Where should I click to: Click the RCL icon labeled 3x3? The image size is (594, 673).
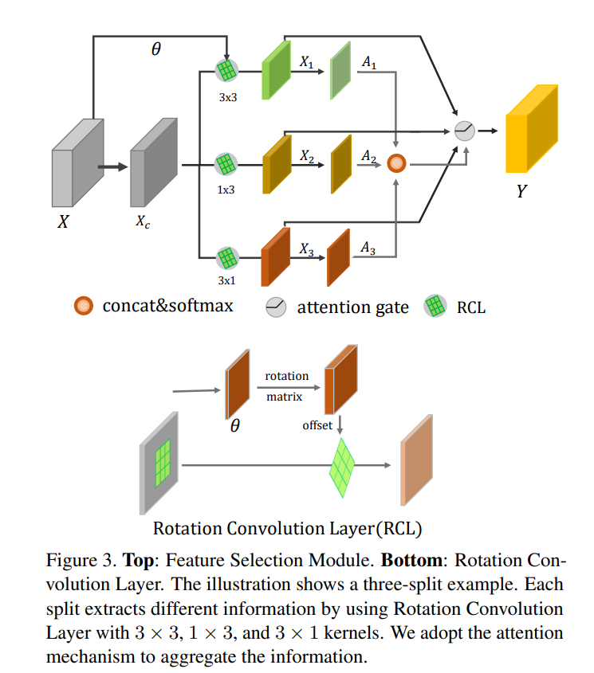coord(226,71)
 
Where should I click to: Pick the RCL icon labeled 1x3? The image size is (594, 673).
coord(226,165)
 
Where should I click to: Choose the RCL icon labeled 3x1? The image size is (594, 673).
coord(226,259)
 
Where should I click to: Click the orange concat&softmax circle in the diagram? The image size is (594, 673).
coord(396,164)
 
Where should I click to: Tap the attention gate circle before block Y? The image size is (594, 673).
coord(464,130)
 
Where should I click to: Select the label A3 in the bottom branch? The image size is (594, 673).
coord(368,249)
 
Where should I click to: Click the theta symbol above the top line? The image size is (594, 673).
coord(155,49)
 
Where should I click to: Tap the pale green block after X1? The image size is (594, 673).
coord(340,71)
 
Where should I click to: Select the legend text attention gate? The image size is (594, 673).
coord(351,307)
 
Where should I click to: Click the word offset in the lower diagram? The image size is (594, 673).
coord(317,425)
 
